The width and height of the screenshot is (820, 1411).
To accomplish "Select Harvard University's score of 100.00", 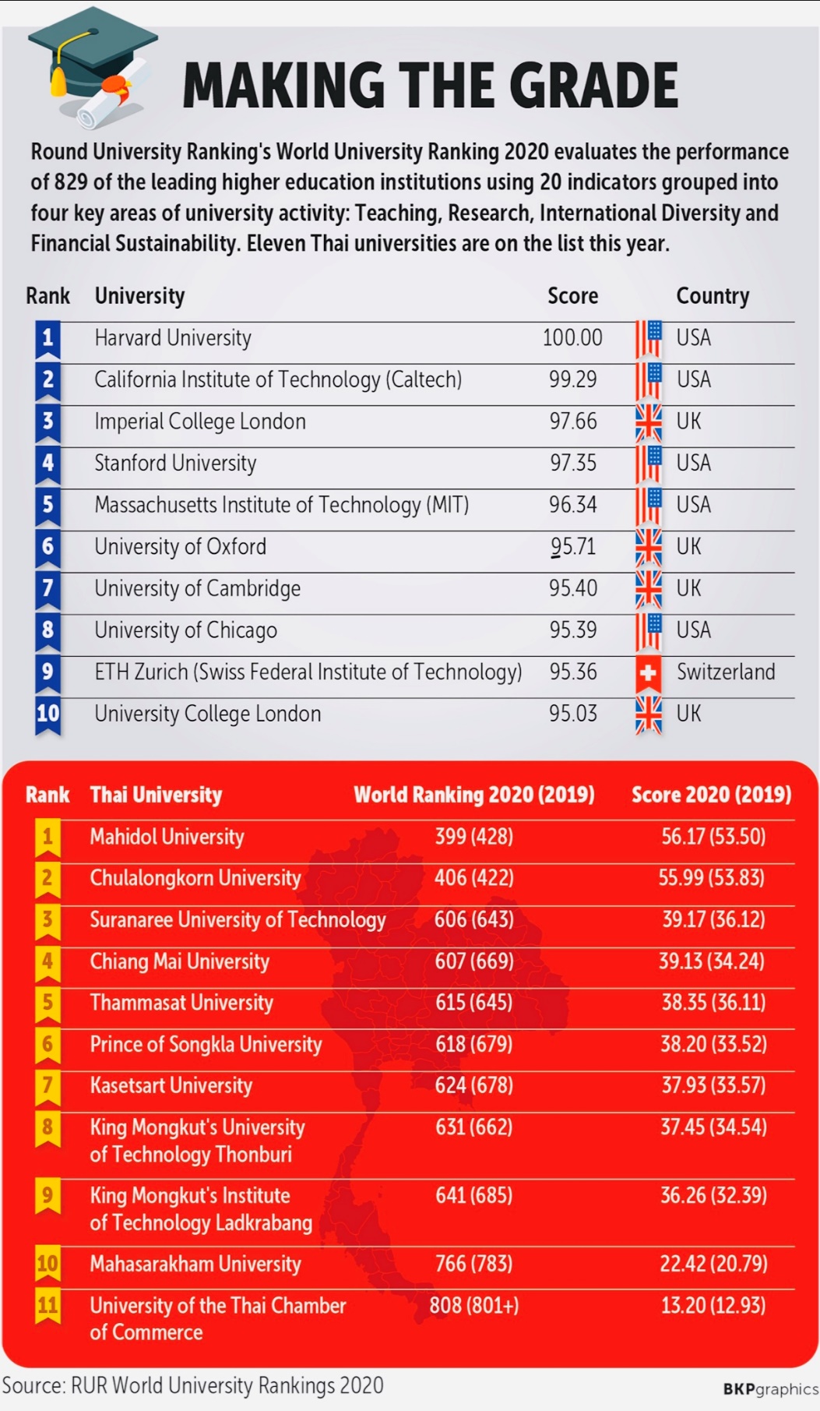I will click(x=572, y=338).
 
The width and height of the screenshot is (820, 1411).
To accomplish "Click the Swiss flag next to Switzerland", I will click(x=648, y=672).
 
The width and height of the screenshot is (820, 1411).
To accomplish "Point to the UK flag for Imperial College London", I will click(x=648, y=422).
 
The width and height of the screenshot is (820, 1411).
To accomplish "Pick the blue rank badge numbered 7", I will click(x=48, y=589).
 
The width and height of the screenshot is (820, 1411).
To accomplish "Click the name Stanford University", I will click(x=175, y=464).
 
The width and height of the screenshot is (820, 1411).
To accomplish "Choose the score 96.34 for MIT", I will click(x=572, y=505).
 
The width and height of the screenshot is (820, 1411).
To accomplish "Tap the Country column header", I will click(x=712, y=296).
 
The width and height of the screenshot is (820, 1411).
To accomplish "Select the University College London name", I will click(x=207, y=714).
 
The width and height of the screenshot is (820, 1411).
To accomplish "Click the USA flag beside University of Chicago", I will click(x=648, y=630).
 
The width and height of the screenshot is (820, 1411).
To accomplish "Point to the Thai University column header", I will click(x=156, y=795).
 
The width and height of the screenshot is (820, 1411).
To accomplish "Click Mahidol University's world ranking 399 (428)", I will click(x=473, y=837).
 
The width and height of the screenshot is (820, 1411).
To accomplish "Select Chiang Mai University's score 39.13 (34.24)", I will click(x=712, y=961).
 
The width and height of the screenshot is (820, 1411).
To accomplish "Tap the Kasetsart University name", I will click(x=171, y=1085).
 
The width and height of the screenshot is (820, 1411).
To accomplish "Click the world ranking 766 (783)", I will click(x=473, y=1263).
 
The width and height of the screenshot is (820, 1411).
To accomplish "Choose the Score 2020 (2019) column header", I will click(x=711, y=795).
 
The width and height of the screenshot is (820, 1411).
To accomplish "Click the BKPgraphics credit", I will click(x=770, y=1388).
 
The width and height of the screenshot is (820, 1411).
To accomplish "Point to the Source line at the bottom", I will click(x=192, y=1385).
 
